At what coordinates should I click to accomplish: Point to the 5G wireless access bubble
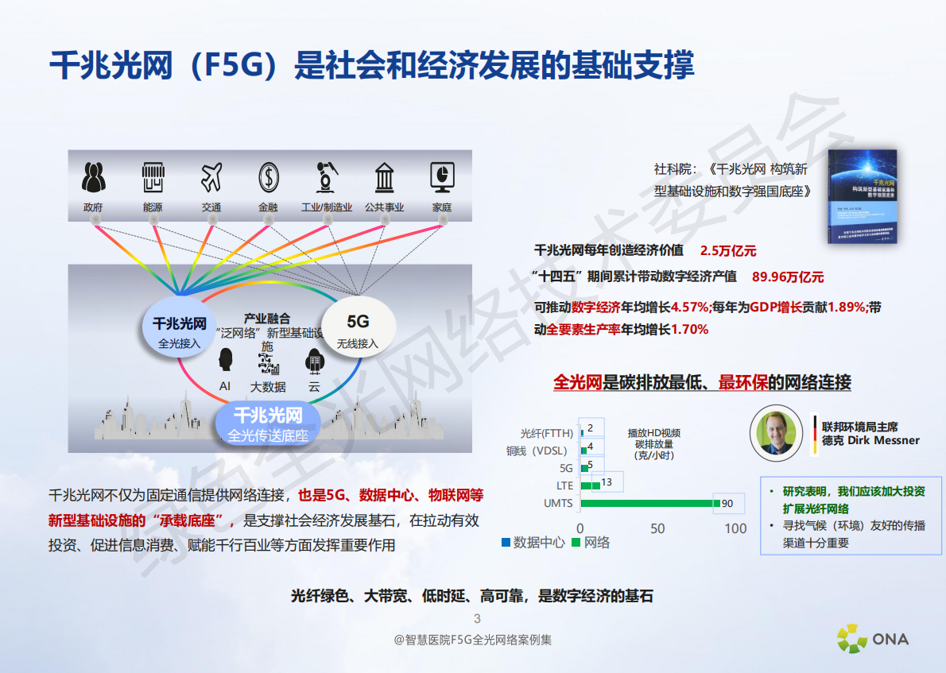point(358,329)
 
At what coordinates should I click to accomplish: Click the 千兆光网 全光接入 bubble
point(180,331)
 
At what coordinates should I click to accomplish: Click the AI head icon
point(225,360)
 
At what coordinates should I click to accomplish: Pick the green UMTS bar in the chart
point(648,503)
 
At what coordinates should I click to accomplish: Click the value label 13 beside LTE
point(607,482)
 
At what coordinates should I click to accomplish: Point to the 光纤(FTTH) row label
point(546,433)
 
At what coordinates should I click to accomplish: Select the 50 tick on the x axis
point(657,528)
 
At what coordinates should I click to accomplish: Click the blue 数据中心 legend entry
point(533,543)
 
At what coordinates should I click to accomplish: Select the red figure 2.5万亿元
point(727,250)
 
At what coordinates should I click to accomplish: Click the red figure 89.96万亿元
point(787,277)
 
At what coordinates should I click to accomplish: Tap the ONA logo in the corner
point(872,637)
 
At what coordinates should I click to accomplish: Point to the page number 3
point(477,619)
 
